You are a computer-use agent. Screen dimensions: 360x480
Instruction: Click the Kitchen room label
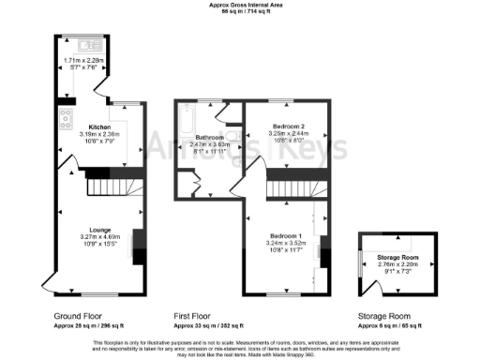click(x=100, y=127)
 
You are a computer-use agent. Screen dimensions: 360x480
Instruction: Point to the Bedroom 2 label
click(x=288, y=126)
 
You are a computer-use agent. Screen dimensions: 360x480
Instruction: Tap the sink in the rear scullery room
click(x=93, y=45)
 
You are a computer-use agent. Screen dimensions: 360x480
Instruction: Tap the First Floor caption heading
click(x=194, y=317)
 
